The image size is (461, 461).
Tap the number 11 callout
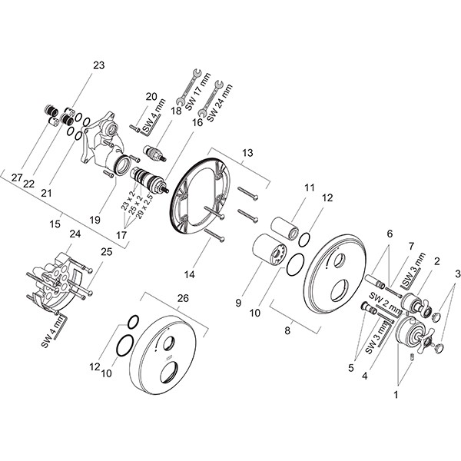(309, 187)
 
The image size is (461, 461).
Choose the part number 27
(17, 177)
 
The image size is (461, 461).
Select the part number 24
(75, 234)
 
